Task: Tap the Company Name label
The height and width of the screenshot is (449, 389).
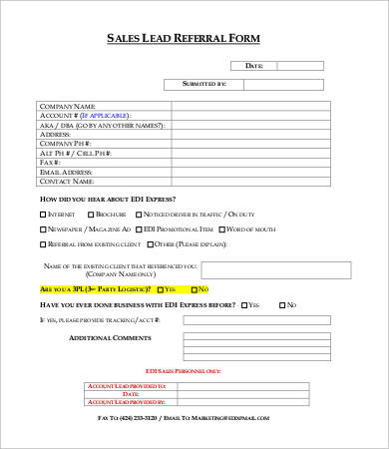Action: click(67, 105)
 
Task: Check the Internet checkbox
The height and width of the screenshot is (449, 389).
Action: click(43, 215)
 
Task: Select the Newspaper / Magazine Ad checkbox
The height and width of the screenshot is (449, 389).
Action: click(43, 228)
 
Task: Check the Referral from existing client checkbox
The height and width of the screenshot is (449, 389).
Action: click(43, 243)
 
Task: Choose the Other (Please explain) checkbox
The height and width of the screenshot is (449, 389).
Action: click(152, 243)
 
